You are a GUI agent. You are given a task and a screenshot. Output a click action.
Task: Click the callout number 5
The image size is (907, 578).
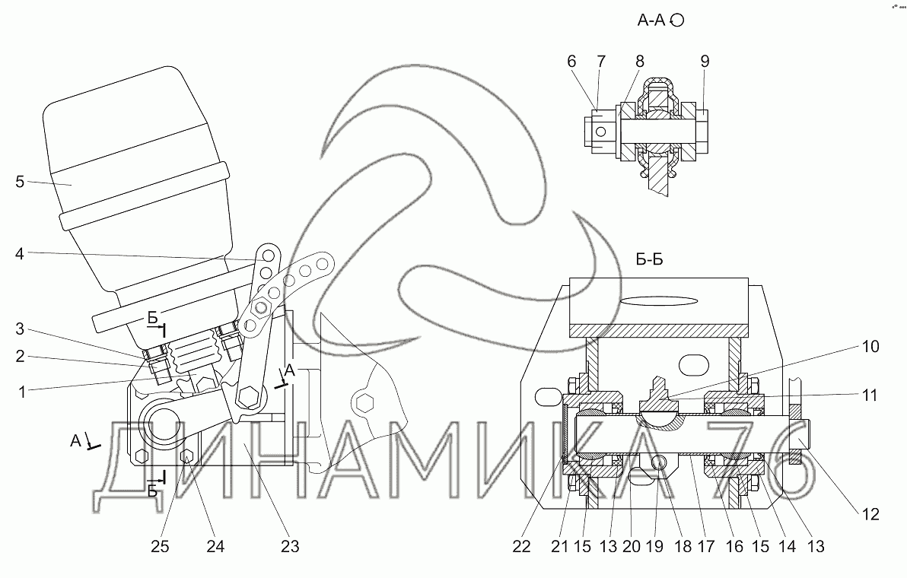(x=20, y=182)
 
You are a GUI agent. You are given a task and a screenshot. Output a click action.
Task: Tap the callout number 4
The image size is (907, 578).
(x=20, y=255)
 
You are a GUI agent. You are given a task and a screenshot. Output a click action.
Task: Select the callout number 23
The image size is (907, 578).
(x=290, y=546)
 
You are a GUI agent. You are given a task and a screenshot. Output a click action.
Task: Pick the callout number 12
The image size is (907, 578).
(x=872, y=514)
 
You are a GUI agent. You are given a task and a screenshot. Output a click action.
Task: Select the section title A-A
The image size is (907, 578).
(x=651, y=21)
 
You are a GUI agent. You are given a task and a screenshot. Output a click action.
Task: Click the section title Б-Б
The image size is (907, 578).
(x=649, y=260)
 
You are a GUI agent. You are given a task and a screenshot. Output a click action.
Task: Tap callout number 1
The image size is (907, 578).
(x=23, y=392)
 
